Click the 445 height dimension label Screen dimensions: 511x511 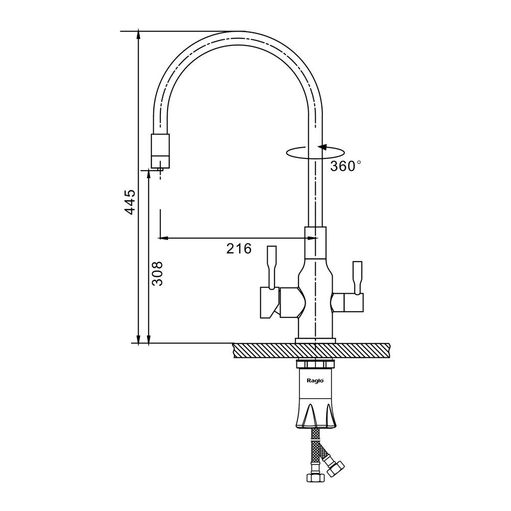pos(130,202)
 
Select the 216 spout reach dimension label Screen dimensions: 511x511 pos(239,249)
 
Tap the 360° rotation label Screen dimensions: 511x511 pos(346,166)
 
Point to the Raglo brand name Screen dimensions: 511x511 pos(315,380)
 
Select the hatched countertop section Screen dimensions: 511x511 pos(312,351)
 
